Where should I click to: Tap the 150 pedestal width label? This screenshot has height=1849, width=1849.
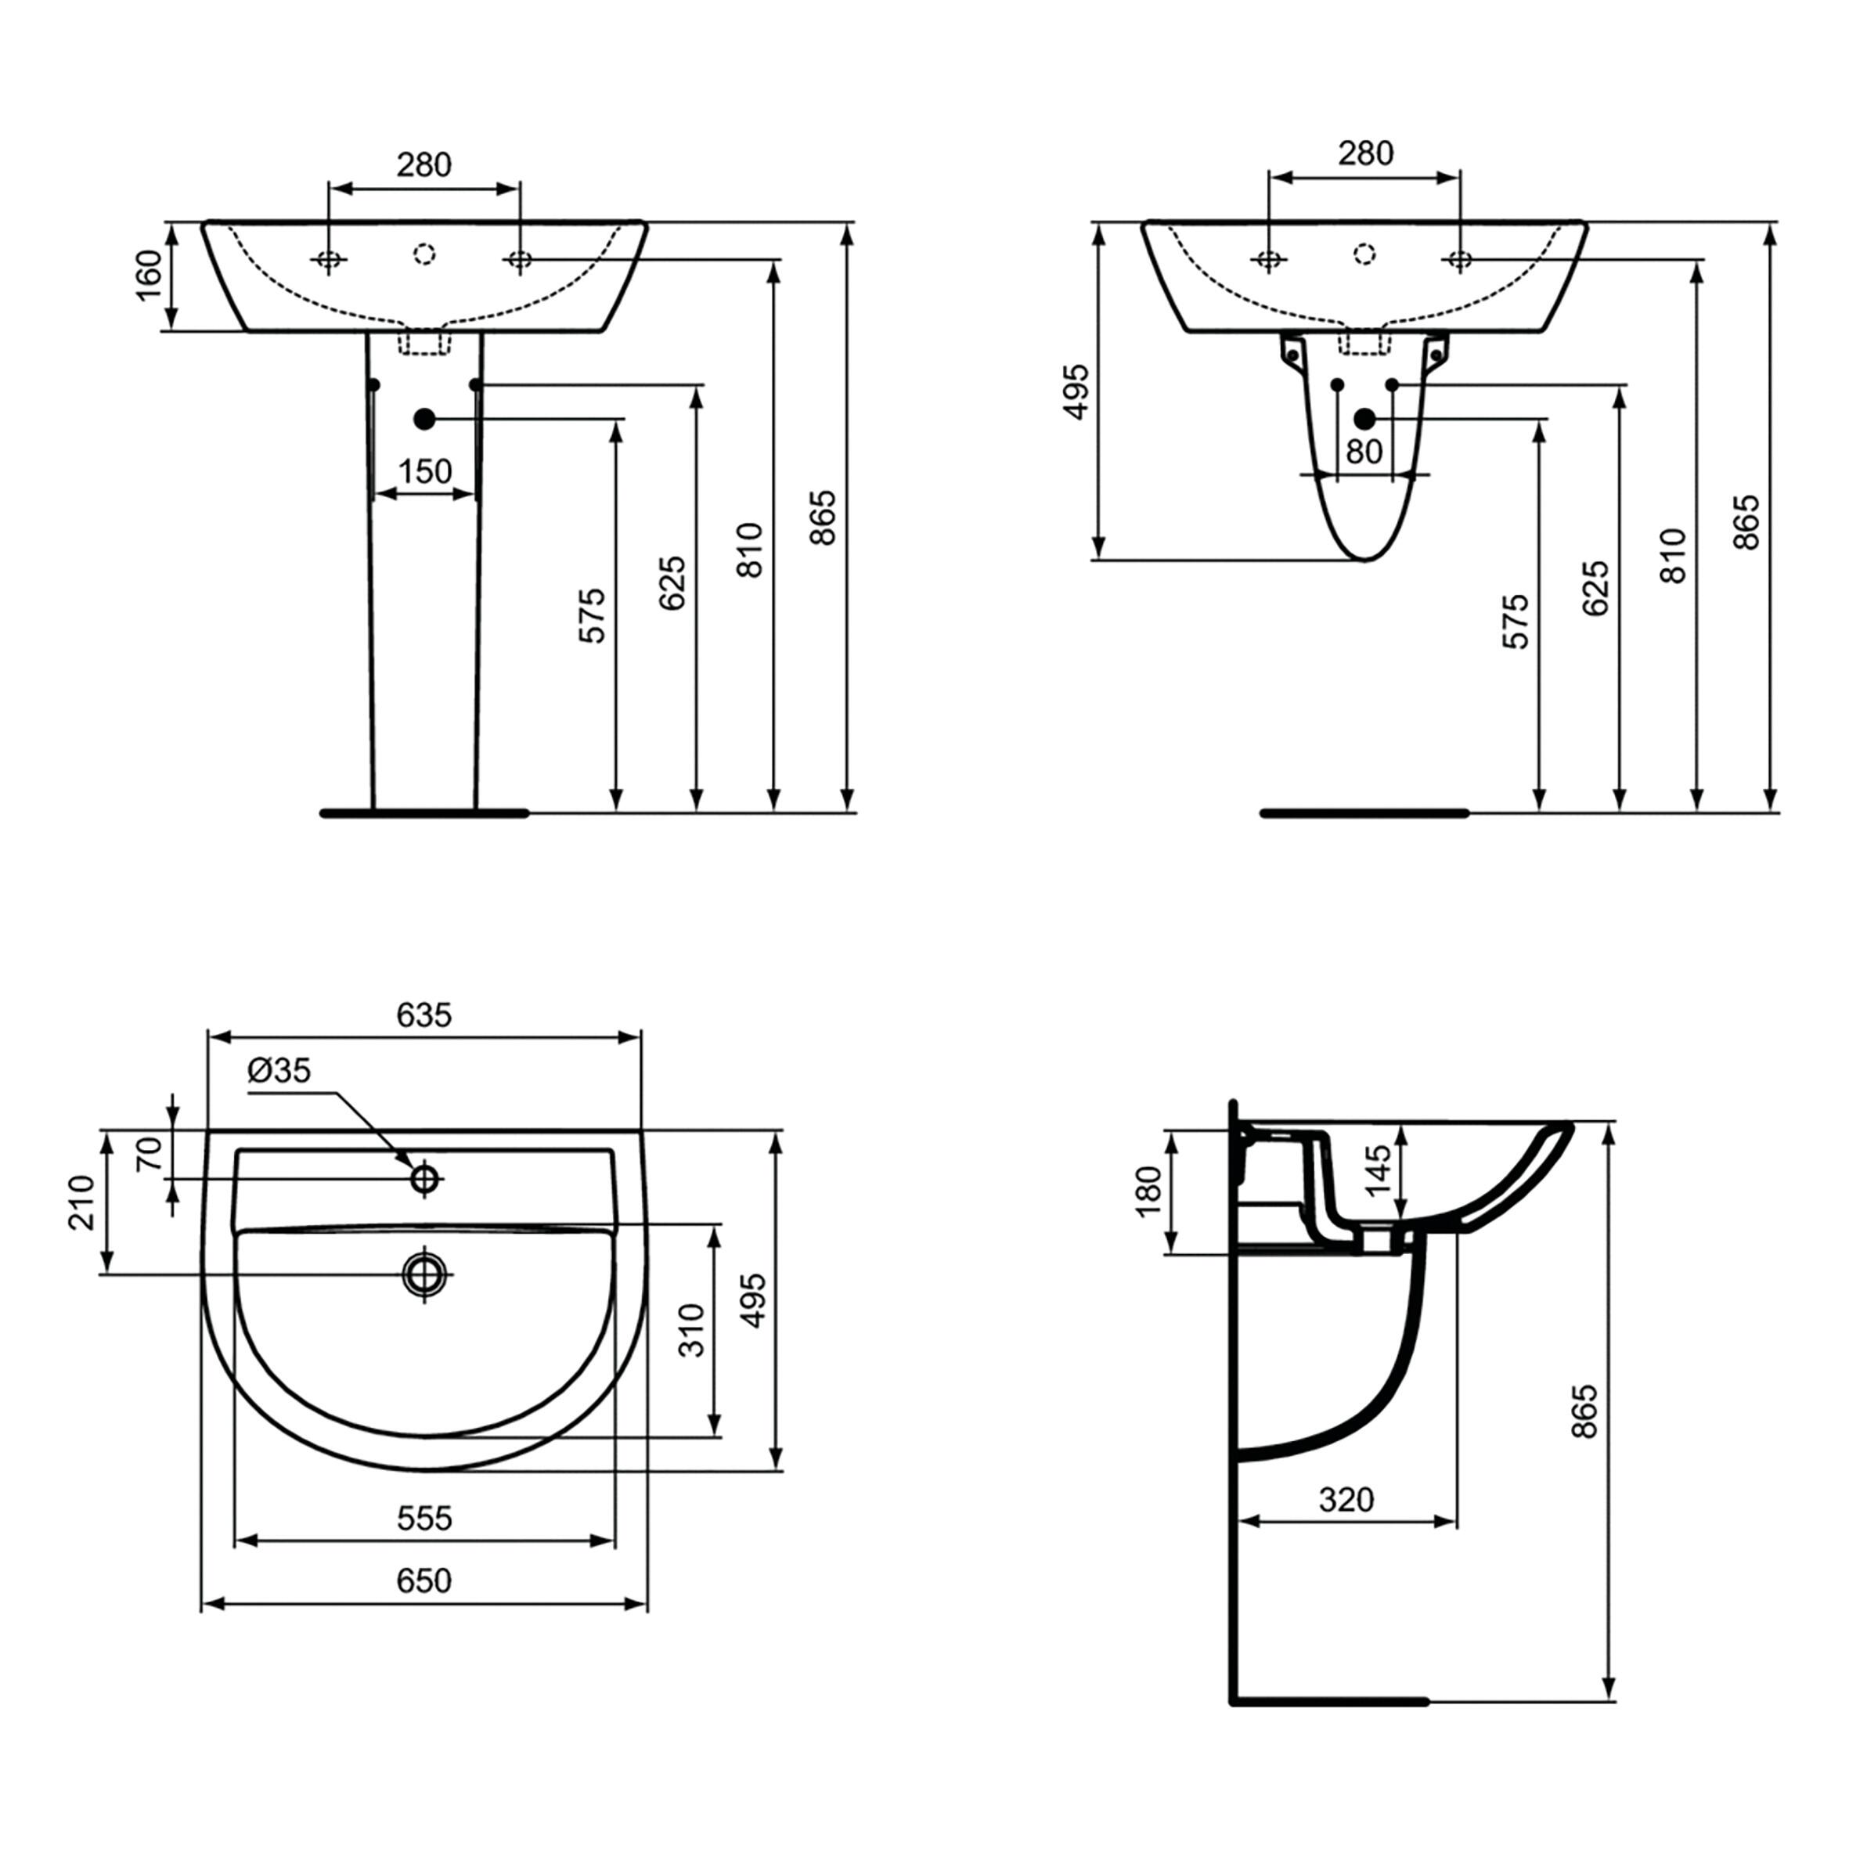(x=424, y=471)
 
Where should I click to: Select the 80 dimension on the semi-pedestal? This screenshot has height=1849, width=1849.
(x=1364, y=451)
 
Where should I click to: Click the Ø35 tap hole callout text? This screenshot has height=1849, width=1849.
(x=279, y=1070)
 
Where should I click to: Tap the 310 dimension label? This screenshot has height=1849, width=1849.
(x=692, y=1330)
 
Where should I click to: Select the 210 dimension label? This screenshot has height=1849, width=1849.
(x=82, y=1202)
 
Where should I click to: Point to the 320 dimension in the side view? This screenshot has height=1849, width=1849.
(x=1346, y=1499)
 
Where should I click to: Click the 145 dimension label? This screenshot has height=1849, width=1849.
(x=1378, y=1170)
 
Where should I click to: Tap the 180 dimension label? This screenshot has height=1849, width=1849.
(x=1148, y=1191)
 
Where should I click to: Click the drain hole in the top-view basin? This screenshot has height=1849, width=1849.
(x=424, y=1274)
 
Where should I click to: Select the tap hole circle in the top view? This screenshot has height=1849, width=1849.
(x=424, y=1178)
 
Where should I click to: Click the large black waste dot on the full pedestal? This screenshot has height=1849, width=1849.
(x=424, y=419)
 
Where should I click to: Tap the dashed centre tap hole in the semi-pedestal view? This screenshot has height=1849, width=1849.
(x=1364, y=254)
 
